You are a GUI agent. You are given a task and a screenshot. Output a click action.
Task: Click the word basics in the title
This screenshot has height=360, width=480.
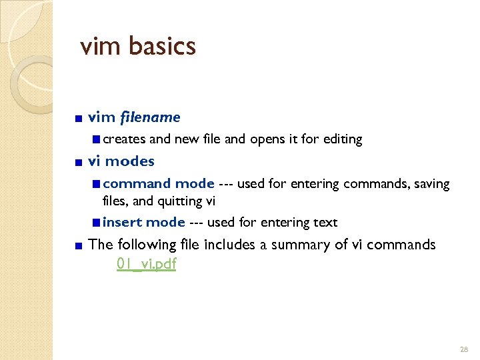(163, 46)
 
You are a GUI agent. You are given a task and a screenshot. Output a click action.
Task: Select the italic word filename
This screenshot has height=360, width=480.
(150, 117)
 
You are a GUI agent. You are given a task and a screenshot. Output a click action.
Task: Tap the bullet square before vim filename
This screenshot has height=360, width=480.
(79, 119)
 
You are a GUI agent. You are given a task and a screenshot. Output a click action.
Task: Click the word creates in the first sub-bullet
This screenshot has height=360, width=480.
(124, 139)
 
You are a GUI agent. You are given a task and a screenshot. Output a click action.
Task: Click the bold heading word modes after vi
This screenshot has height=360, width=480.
(130, 161)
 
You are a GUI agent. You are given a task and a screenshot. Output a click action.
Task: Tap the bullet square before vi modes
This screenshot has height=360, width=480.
(79, 162)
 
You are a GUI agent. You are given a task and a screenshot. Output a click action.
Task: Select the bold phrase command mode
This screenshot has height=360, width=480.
(159, 183)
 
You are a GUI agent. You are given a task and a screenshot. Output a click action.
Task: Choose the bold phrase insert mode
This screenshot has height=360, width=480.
(144, 222)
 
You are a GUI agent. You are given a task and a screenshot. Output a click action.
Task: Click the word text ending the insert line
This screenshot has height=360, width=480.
(325, 222)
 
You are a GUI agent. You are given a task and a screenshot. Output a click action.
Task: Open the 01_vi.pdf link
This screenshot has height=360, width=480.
(146, 263)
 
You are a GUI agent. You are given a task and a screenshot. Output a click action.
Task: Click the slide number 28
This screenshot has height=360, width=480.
(464, 349)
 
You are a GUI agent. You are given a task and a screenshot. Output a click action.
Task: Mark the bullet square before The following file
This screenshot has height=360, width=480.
(79, 246)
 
